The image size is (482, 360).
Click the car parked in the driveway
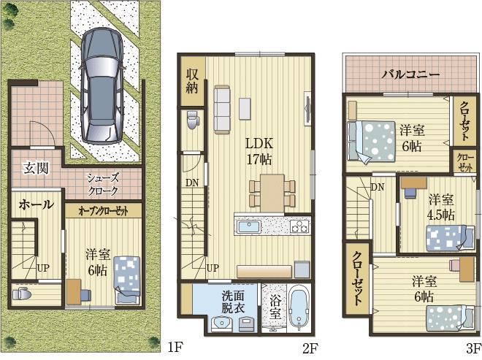click(102, 86)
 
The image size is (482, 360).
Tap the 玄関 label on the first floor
click(37, 168)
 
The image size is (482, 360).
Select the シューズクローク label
click(103, 184)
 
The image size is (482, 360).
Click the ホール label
click(37, 204)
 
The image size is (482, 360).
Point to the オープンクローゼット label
click(103, 211)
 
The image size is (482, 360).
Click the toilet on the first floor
click(22, 294)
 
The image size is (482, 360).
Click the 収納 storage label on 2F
click(192, 81)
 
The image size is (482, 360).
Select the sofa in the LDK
click(222, 109)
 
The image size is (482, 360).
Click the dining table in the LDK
click(272, 193)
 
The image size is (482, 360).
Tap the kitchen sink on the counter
click(248, 228)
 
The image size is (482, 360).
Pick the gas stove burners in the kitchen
click(299, 226)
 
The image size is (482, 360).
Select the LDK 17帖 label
click(259, 151)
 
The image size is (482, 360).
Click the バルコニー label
click(411, 74)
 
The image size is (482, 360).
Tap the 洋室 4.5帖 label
click(442, 207)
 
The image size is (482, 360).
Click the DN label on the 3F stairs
click(378, 187)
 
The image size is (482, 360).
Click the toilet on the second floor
click(193, 120)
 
